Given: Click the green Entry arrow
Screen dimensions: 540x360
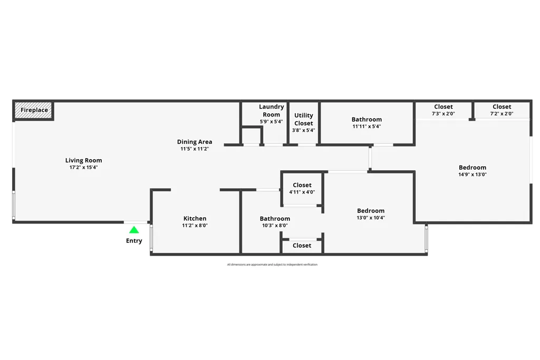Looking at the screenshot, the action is pos(134,230).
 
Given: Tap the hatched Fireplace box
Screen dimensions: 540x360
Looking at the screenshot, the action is pos(34,110).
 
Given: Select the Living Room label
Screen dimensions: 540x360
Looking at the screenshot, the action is pos(84,160).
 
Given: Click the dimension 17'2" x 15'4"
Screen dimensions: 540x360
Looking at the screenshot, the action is pos(84,167).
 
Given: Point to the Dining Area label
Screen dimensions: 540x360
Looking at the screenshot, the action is pos(195,141).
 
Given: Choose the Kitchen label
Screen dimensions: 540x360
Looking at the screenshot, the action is pos(195,218).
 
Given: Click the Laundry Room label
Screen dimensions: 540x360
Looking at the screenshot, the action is pos(272,111).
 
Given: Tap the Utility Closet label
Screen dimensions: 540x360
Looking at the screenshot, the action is pos(303,119).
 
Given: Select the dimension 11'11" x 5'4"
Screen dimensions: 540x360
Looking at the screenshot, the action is pos(367,127).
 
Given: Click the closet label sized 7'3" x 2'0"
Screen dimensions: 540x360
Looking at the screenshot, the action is pos(443,106).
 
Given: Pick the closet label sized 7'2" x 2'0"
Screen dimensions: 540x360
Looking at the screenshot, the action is pos(502,106).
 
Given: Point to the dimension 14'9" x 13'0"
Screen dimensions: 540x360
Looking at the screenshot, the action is pos(472,174).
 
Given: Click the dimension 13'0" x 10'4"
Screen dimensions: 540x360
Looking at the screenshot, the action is pos(371,218).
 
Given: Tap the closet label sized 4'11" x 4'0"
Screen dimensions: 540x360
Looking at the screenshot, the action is pos(302,185).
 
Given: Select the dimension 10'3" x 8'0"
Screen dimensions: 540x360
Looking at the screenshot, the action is pos(275,226).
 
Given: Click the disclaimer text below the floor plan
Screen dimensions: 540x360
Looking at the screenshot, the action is pos(272,265).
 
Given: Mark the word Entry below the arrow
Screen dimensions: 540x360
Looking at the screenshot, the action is pos(134,240).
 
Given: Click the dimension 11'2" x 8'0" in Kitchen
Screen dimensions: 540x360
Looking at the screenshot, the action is pos(195,226).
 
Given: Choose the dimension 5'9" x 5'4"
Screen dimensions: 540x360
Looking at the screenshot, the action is pos(272,121).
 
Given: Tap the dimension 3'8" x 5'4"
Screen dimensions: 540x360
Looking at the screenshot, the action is pos(303,130).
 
